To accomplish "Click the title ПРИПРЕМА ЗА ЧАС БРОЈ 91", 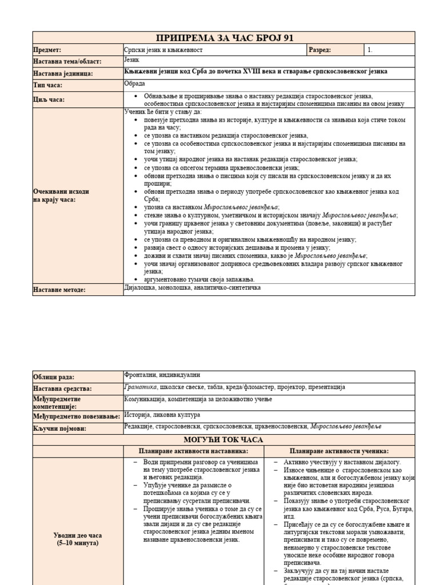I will (x=224, y=38).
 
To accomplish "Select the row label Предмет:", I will (x=47, y=50).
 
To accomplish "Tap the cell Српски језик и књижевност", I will (x=163, y=50).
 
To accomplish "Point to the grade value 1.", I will (x=370, y=50).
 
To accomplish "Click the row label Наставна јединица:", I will (x=63, y=73).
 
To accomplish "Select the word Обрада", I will (x=134, y=85).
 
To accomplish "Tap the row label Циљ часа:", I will (x=48, y=99).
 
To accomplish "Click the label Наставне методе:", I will (x=59, y=290).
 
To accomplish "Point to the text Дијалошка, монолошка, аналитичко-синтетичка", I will (x=193, y=288).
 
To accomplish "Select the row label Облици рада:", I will (x=54, y=377).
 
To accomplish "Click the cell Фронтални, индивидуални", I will (x=162, y=375).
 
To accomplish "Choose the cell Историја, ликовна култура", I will (x=162, y=415).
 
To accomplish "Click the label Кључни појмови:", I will (x=59, y=428).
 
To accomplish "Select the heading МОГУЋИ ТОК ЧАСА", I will (x=224, y=439).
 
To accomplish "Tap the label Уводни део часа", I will (x=78, y=535).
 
